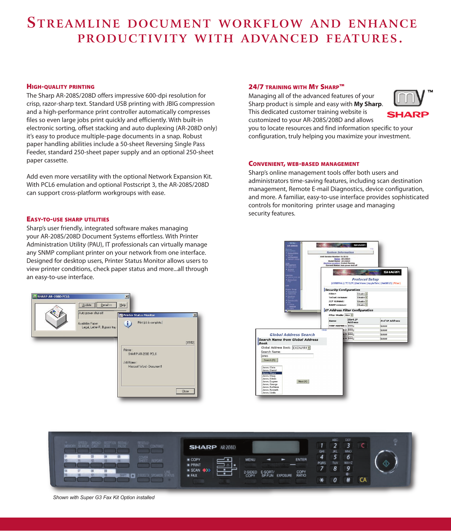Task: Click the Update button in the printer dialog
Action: [x=87, y=305]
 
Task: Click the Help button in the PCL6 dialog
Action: [x=122, y=305]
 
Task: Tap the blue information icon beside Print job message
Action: [x=128, y=324]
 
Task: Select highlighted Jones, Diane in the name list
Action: [x=272, y=373]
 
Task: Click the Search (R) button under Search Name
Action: [x=270, y=360]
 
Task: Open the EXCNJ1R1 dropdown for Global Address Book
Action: [x=309, y=348]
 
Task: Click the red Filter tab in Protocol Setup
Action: [x=397, y=283]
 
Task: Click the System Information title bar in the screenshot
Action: [x=340, y=252]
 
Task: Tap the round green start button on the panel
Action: [x=386, y=463]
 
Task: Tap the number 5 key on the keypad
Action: [x=335, y=457]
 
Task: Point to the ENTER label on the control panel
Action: [x=301, y=460]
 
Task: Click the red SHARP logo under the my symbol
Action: [x=408, y=114]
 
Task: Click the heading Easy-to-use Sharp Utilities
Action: [x=68, y=219]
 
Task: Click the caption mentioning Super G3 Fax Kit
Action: [x=104, y=497]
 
